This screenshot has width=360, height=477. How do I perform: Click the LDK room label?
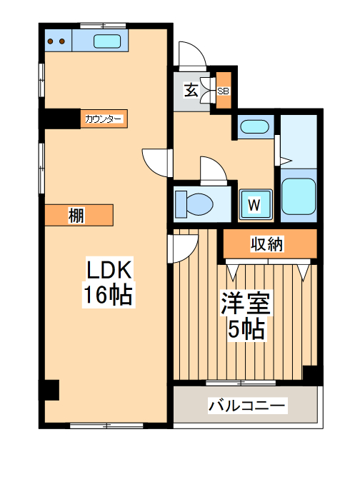109,271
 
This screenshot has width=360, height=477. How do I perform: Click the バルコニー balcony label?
247,406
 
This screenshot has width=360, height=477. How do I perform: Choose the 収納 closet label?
267,244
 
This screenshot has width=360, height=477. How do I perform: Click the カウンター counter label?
104,119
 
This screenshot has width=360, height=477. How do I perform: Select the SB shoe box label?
223,91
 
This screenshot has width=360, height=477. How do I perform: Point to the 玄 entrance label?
191,90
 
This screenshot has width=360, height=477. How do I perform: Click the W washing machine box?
254,204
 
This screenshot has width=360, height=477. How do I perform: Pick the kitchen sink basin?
108,41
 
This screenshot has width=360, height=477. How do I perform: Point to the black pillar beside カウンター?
61,118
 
